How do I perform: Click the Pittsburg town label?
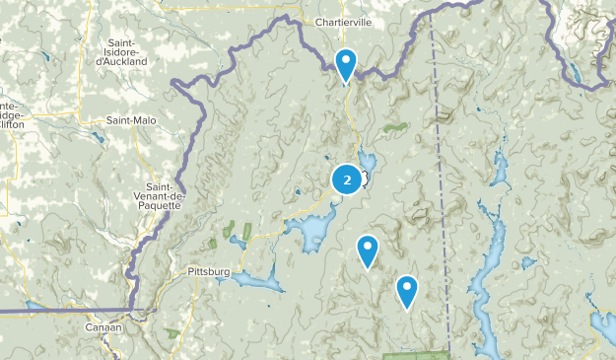[x=207, y=270]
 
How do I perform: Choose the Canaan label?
[x=103, y=326]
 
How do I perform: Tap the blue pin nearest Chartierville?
[x=346, y=65]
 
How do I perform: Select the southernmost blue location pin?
[x=406, y=290]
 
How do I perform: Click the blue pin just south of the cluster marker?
[x=367, y=251]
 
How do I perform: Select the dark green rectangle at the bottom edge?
[x=414, y=355]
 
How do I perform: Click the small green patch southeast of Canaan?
[x=182, y=340]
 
